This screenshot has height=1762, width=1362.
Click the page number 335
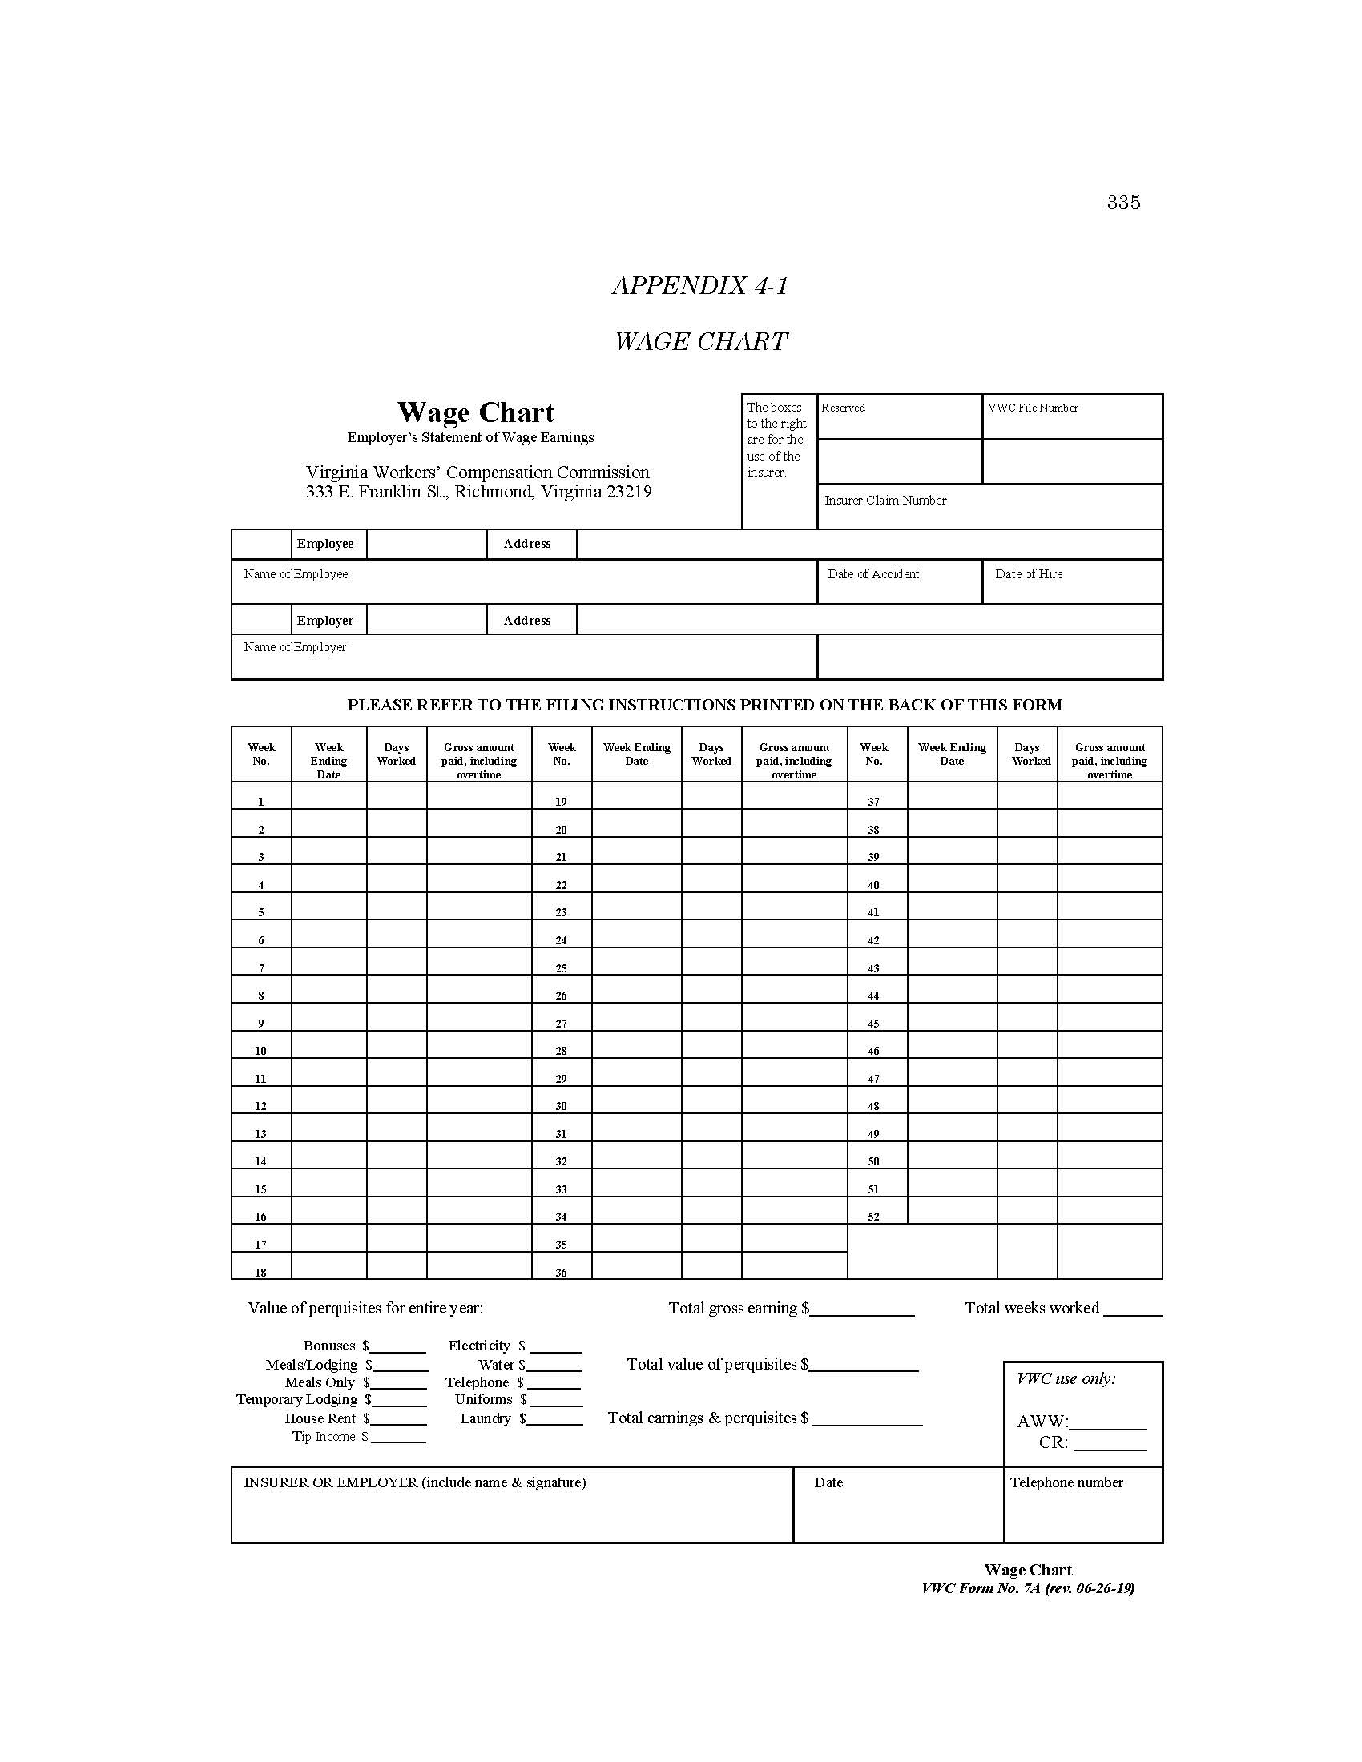click(1123, 203)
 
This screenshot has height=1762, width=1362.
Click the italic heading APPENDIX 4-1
click(699, 286)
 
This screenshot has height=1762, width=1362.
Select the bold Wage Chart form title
click(475, 413)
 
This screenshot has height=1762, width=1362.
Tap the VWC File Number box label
click(1032, 408)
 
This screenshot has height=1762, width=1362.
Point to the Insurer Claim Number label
click(885, 501)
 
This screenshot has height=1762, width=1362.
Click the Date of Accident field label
click(873, 574)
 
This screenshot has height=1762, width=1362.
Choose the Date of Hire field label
click(1028, 574)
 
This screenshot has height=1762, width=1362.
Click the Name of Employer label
click(296, 647)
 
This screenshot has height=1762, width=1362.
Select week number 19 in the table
click(561, 802)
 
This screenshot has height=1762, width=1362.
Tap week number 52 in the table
click(873, 1217)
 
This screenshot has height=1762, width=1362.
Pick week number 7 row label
click(260, 968)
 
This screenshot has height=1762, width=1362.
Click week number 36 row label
click(561, 1273)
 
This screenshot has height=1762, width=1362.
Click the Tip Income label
click(324, 1436)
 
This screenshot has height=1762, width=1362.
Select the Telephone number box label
click(1066, 1482)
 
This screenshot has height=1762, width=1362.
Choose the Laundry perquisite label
click(485, 1418)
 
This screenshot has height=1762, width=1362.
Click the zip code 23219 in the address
click(629, 492)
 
